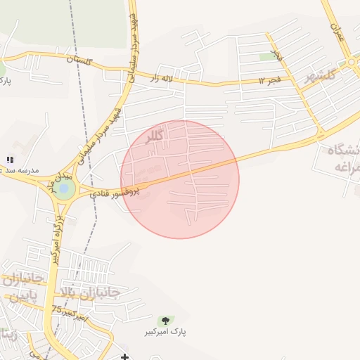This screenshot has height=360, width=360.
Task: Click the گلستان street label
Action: click(79, 62)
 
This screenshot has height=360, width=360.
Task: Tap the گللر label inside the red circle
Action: click(154, 136)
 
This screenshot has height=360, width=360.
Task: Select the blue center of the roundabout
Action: click(65, 189)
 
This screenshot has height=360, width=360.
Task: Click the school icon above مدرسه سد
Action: click(10, 160)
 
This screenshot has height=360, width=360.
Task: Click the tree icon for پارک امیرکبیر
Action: click(165, 321)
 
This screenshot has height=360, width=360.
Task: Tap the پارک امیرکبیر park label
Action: click(166, 331)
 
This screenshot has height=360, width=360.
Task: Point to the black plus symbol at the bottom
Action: click(125, 356)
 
